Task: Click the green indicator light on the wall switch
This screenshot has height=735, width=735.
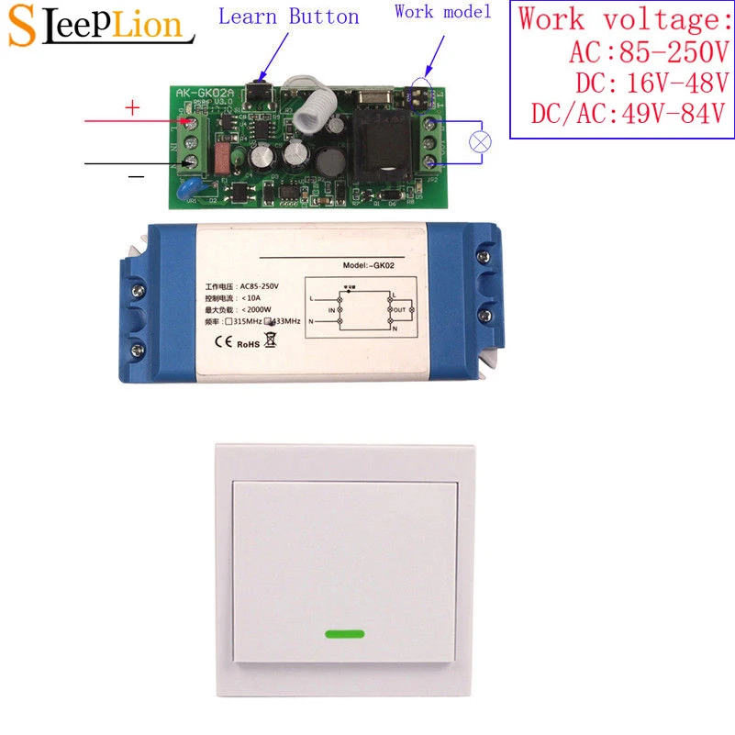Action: tap(344, 633)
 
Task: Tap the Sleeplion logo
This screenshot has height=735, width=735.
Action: tap(97, 24)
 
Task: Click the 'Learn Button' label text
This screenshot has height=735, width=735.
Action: tap(289, 17)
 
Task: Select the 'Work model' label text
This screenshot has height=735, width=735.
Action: tap(442, 12)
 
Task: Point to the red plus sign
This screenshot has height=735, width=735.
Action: tap(131, 108)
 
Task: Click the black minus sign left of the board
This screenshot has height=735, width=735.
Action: tap(135, 175)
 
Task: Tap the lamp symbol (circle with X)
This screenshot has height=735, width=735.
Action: tap(480, 141)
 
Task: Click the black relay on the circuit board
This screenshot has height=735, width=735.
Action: tap(379, 148)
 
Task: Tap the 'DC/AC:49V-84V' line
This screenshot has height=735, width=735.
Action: tap(628, 114)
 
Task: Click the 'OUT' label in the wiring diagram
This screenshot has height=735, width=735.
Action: tap(398, 311)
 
